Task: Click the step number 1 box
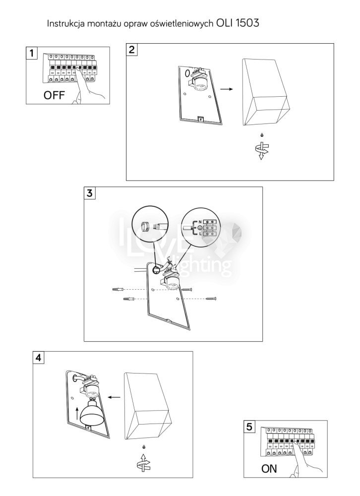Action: click(32, 54)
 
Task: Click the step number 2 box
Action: click(132, 50)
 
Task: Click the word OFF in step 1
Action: click(54, 96)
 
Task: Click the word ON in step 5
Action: click(269, 469)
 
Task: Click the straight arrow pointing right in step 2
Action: click(227, 89)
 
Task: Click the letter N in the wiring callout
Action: click(200, 222)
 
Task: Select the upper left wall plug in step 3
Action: click(118, 289)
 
